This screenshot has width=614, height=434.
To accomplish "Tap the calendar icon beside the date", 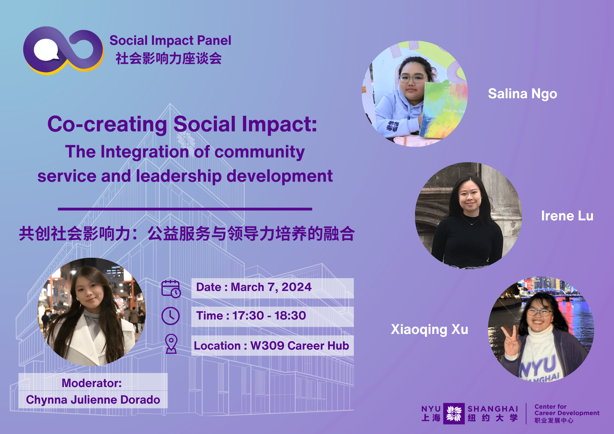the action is tap(171, 289).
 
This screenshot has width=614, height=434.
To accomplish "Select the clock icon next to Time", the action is tap(170, 316).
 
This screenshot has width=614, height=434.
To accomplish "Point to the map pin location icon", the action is tap(171, 344).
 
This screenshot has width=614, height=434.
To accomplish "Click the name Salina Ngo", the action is tap(523, 94).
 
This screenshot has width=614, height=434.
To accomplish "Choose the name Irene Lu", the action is tap(567, 216).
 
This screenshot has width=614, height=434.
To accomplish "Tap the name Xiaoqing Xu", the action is tap(429, 330).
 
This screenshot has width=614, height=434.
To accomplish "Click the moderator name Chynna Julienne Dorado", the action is tap(93, 400).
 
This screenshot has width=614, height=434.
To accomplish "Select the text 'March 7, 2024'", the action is tap(271, 287).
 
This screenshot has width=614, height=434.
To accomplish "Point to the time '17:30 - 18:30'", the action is tap(269, 316).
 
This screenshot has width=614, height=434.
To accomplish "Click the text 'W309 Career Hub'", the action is tap(300, 346).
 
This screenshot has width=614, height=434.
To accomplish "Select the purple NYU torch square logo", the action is tap(454, 413).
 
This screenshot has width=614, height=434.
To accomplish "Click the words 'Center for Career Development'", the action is tap(567, 410).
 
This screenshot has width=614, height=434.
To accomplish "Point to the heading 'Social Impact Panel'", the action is tap(170, 41).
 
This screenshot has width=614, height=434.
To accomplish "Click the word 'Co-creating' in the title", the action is tap(107, 124).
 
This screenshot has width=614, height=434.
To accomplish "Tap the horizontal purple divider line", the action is tap(185, 209).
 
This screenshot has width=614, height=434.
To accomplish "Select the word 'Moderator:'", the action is tap(91, 383).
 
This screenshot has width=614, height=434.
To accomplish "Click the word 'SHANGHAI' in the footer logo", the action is tap(493, 409).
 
